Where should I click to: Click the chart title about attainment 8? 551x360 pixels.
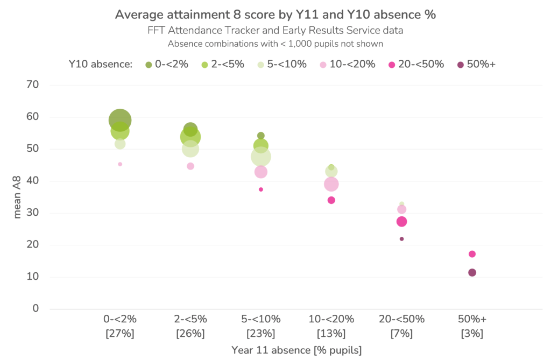click(275, 15)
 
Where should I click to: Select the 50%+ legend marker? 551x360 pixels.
click(461, 65)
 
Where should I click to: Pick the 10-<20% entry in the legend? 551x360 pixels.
click(352, 65)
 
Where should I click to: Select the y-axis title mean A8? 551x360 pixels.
click(18, 197)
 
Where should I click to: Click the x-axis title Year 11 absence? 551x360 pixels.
click(296, 350)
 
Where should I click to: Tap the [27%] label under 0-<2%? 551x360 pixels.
click(120, 334)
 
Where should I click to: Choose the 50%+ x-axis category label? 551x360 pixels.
click(472, 319)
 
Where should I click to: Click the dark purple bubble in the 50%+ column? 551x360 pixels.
click(472, 273)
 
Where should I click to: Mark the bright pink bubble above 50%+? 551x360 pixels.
click(472, 254)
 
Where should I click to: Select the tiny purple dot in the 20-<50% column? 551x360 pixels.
click(401, 239)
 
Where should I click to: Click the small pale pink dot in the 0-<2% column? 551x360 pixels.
click(120, 164)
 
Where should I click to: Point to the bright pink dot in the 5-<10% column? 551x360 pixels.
click(261, 189)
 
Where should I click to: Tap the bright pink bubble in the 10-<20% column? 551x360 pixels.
click(331, 200)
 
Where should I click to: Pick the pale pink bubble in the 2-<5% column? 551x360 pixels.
click(190, 166)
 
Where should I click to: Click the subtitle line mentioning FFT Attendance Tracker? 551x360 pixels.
click(275, 31)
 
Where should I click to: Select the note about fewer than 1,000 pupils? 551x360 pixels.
click(275, 44)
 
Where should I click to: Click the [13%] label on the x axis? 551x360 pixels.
click(331, 334)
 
